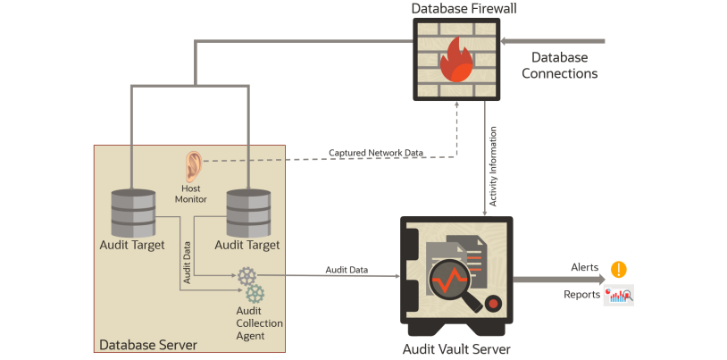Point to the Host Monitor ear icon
pyautogui.click(x=192, y=167)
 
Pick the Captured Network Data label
pyautogui.click(x=375, y=153)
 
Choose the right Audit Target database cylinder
pyautogui.click(x=247, y=212)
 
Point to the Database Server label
pyautogui.click(x=147, y=345)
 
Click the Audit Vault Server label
pyautogui.click(x=457, y=348)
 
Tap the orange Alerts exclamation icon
pyautogui.click(x=618, y=268)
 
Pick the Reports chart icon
pyautogui.click(x=619, y=295)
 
